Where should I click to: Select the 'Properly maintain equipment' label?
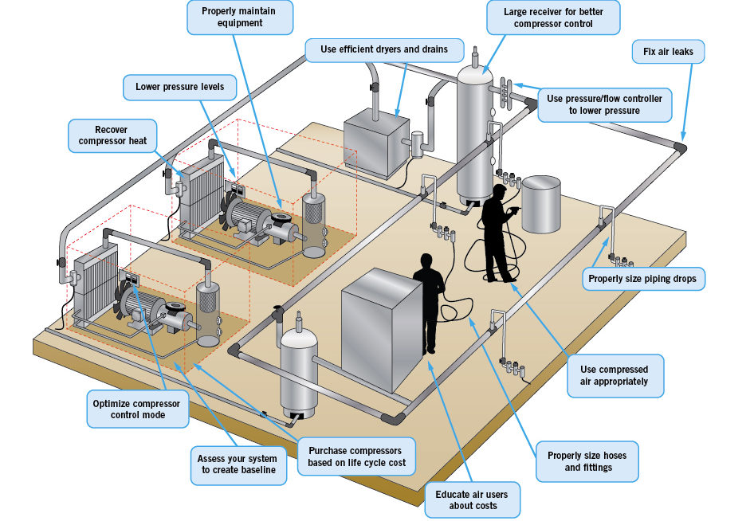[x=240, y=17]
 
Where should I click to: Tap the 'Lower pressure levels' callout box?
[x=174, y=86]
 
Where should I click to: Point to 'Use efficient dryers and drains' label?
[x=383, y=49]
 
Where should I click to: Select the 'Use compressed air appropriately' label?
[x=615, y=375]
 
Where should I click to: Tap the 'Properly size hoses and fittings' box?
[x=587, y=461]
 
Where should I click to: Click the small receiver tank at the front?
[x=298, y=370]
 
